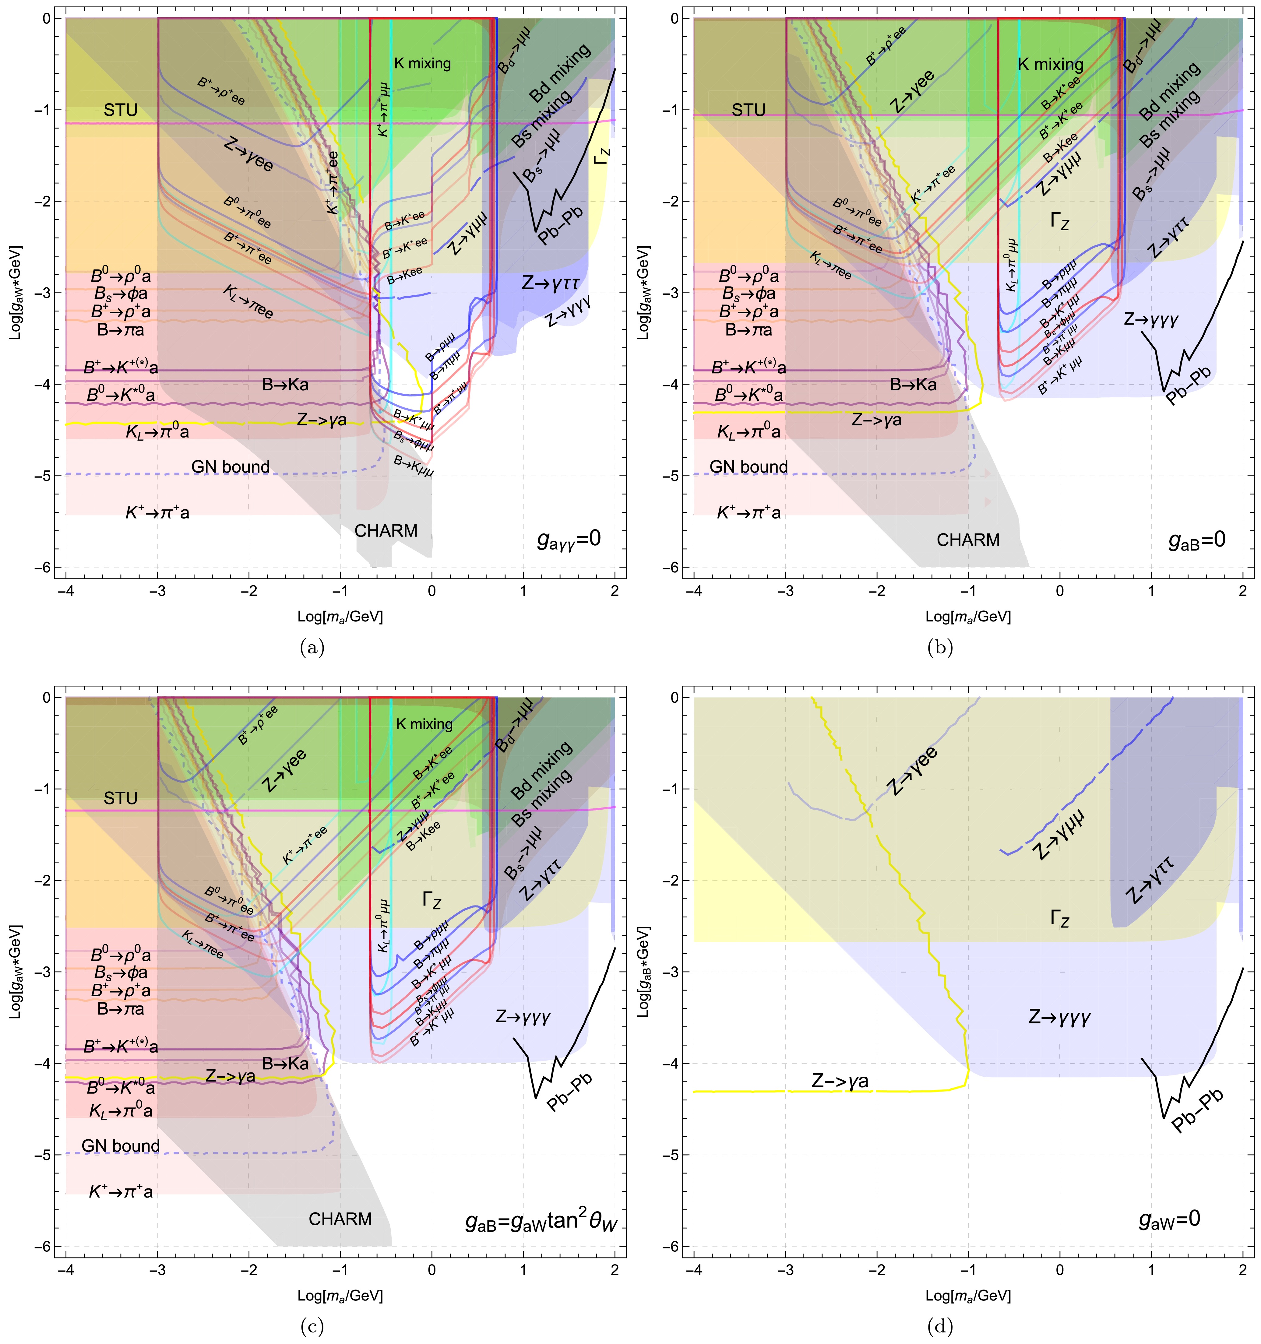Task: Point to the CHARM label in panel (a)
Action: [x=386, y=531]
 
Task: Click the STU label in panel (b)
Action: [x=748, y=110]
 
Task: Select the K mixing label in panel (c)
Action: [x=424, y=724]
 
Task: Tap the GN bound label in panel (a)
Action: [x=231, y=466]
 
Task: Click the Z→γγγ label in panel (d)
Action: [x=1059, y=1018]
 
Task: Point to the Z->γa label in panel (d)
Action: [x=840, y=1081]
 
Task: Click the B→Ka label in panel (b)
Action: [x=914, y=385]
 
